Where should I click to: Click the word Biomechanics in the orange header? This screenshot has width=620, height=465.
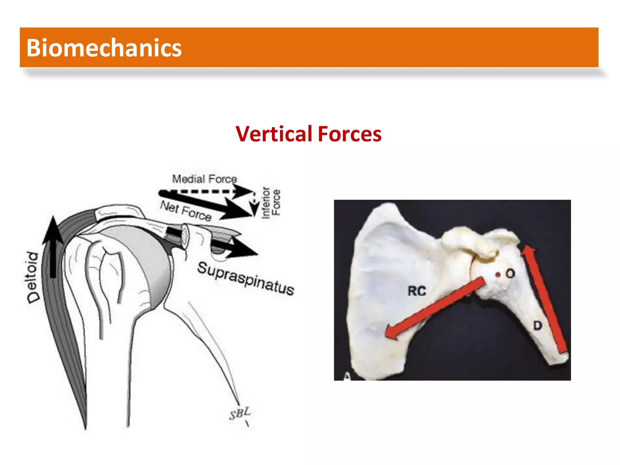click(104, 48)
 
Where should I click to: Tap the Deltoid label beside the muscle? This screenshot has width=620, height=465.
click(32, 277)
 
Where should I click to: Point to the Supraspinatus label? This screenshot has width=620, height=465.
click(246, 279)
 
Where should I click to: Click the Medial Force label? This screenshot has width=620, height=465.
click(204, 179)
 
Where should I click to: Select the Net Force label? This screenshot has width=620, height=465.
click(186, 211)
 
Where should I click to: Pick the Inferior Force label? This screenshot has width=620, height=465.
click(271, 202)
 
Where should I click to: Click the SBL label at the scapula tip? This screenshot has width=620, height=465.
click(240, 413)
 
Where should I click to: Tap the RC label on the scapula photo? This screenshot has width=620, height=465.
click(417, 291)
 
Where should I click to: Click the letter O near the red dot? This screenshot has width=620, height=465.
click(510, 274)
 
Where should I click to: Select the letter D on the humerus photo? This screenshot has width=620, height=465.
click(537, 326)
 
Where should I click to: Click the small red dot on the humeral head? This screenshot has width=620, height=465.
click(498, 275)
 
